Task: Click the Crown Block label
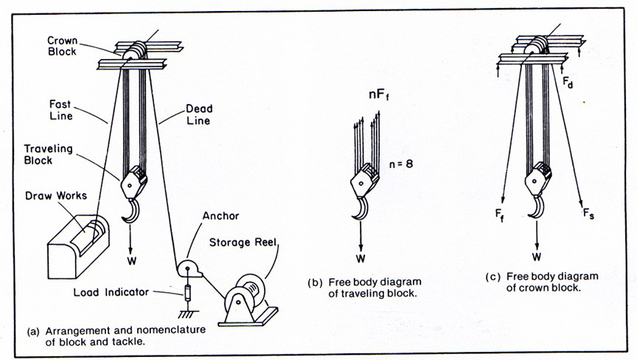(62, 46)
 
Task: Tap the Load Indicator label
(109, 292)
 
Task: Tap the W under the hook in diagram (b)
(361, 258)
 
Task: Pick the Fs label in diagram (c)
(588, 216)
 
